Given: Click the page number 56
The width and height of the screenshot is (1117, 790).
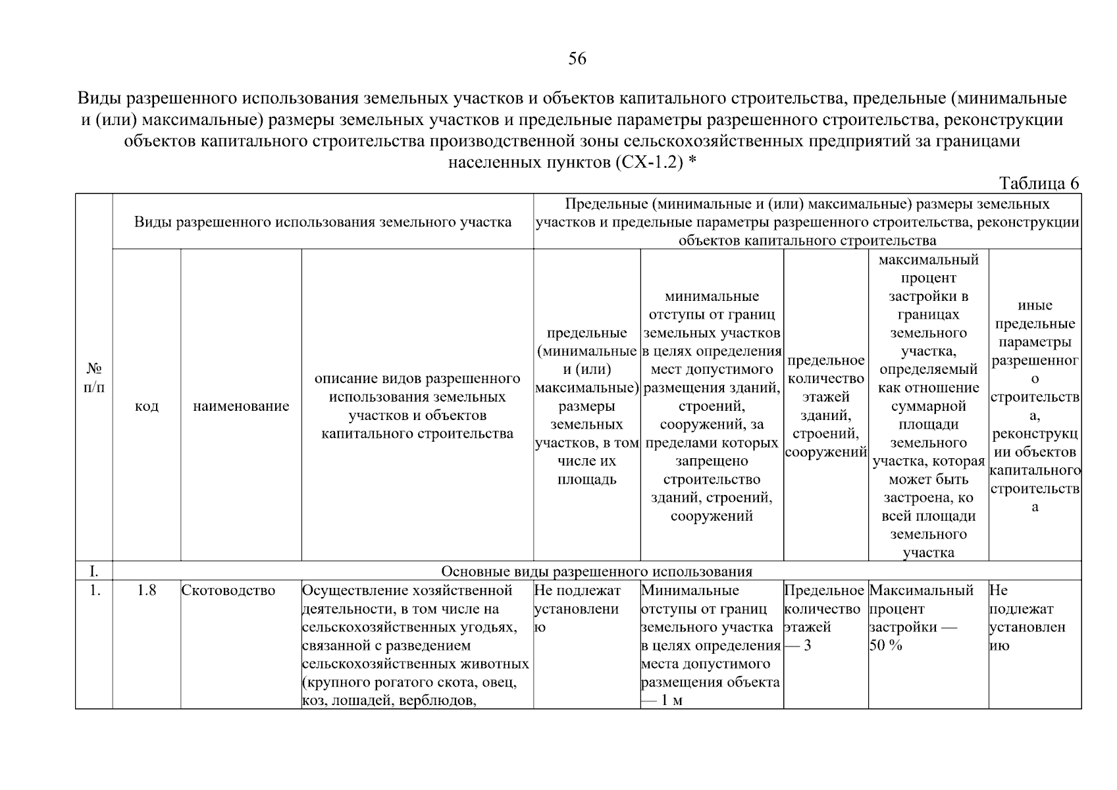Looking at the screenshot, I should [x=577, y=59].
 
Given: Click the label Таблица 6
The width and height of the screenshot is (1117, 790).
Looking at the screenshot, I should [x=1039, y=184].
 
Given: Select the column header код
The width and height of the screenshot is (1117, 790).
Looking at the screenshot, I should [x=146, y=406].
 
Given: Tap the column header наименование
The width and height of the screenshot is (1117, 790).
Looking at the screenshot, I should [x=241, y=406].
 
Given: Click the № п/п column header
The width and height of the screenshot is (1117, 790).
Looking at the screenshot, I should [x=94, y=378].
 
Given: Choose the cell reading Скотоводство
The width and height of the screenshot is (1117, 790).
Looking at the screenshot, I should [x=228, y=591].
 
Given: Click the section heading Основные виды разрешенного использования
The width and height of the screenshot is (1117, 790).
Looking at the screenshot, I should [x=596, y=571].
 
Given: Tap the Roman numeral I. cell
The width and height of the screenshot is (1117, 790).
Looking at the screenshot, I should [x=94, y=571].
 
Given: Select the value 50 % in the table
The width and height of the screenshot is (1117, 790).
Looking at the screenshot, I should [x=885, y=646].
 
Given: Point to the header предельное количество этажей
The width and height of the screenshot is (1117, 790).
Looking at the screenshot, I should [x=825, y=406].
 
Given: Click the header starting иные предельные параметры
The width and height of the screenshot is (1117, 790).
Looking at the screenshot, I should [x=1035, y=406].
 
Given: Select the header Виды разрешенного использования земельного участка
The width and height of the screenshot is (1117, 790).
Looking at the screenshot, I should [x=323, y=222].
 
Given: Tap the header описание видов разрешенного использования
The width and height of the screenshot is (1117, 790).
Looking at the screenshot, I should [x=417, y=406].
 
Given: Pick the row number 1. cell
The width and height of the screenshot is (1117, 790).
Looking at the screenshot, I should [x=94, y=591].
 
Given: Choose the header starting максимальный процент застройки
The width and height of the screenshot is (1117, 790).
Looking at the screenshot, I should [x=928, y=406].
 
